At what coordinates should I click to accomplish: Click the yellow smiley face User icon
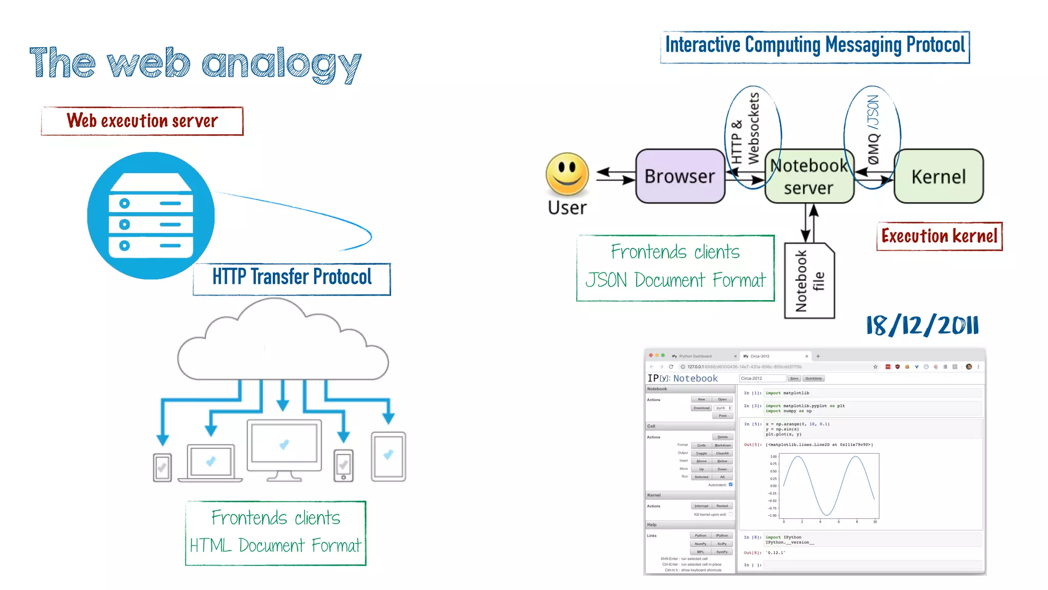(x=567, y=174)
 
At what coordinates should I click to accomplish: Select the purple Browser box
(x=680, y=176)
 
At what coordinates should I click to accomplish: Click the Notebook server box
(x=809, y=177)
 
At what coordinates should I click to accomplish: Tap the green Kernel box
(x=938, y=177)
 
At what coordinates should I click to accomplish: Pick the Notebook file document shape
(x=809, y=281)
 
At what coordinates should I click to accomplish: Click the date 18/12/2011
(x=922, y=325)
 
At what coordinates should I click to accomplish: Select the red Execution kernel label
(x=939, y=236)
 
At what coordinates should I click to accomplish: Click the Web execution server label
(x=142, y=121)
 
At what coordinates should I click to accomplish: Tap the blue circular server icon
(x=151, y=216)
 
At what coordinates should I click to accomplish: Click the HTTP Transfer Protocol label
(x=292, y=277)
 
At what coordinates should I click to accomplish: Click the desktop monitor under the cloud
(x=284, y=446)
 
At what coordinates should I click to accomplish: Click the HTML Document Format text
(x=275, y=545)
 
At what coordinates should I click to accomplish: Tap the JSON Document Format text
(x=675, y=280)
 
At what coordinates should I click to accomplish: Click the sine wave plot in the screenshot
(x=829, y=486)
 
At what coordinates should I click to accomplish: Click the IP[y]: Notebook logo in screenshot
(x=683, y=378)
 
